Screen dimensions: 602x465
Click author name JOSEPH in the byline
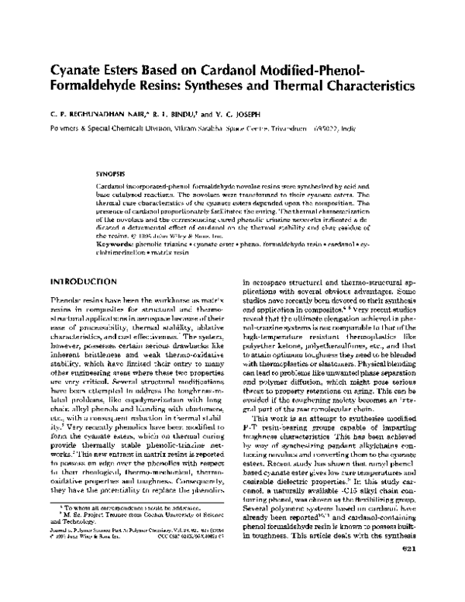[252, 115]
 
